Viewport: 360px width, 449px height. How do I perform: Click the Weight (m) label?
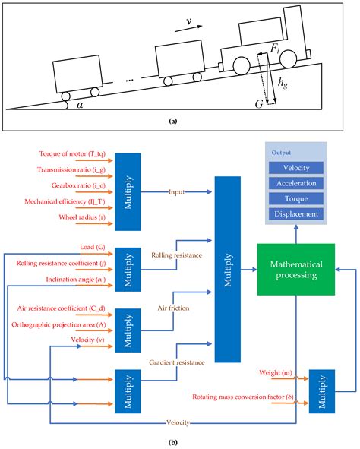[x=272, y=373]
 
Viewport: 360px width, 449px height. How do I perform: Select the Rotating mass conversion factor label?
[x=257, y=397]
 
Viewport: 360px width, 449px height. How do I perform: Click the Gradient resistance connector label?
[x=177, y=363]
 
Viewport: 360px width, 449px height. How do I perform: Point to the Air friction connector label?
[x=175, y=309]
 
